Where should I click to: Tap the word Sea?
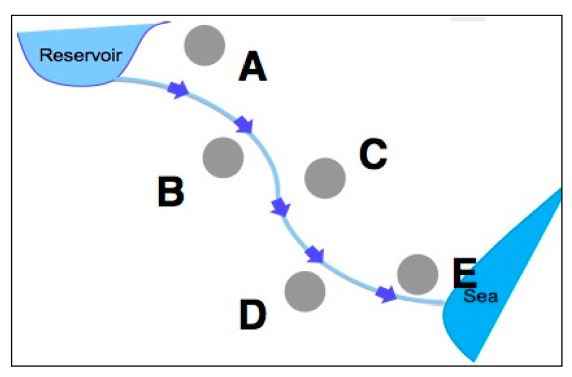pyautogui.click(x=480, y=297)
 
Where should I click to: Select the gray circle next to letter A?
pyautogui.click(x=204, y=45)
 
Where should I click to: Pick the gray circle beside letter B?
pyautogui.click(x=223, y=158)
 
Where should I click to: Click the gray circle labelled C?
pyautogui.click(x=325, y=178)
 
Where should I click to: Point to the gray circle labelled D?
pyautogui.click(x=305, y=291)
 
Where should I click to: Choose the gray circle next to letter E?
pyautogui.click(x=417, y=274)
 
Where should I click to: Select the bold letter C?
pyautogui.click(x=373, y=154)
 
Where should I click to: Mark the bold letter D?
pyautogui.click(x=254, y=314)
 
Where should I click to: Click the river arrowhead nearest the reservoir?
pyautogui.click(x=179, y=89)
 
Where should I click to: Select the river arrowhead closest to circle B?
pyautogui.click(x=245, y=125)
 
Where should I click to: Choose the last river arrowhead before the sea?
pyautogui.click(x=385, y=294)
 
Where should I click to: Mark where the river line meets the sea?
pyautogui.click(x=444, y=303)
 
